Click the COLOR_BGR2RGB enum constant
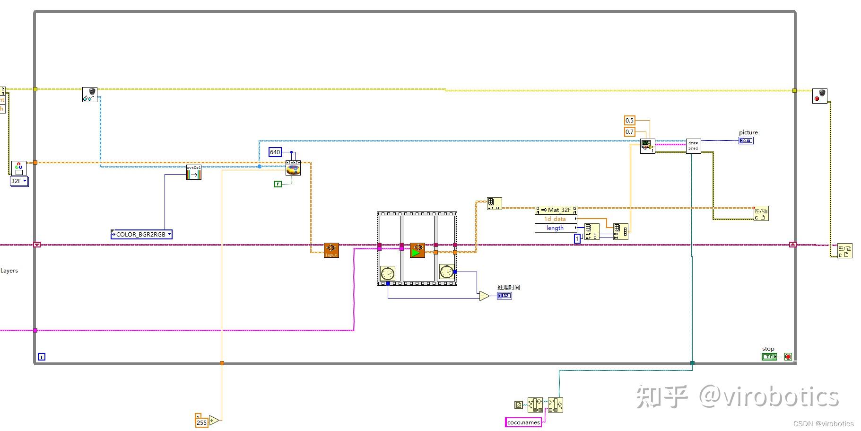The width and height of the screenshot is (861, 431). (x=141, y=234)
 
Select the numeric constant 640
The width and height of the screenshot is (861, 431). (x=275, y=152)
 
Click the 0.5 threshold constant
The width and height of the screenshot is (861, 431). (x=629, y=120)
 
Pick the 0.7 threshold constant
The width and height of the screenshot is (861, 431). (x=629, y=132)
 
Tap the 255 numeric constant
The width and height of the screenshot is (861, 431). (x=201, y=422)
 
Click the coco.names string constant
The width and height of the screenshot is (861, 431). (x=523, y=422)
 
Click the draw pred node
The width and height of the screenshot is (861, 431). (x=693, y=146)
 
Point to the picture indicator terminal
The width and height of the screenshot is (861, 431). (x=746, y=141)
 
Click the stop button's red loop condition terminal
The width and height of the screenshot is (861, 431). (x=788, y=357)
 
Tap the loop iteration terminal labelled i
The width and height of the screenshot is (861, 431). (x=42, y=357)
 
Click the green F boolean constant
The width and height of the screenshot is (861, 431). (x=278, y=184)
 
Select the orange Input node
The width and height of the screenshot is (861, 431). (x=331, y=250)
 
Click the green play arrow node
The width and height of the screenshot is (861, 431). (x=417, y=250)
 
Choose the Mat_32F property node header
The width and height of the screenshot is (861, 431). (x=556, y=210)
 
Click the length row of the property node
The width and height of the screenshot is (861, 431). (x=555, y=228)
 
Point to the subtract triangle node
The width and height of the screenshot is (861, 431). (x=484, y=296)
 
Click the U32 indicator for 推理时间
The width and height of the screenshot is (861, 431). (x=504, y=296)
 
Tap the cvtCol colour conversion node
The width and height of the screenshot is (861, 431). (x=194, y=172)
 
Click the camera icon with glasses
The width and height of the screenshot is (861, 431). (x=89, y=95)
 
